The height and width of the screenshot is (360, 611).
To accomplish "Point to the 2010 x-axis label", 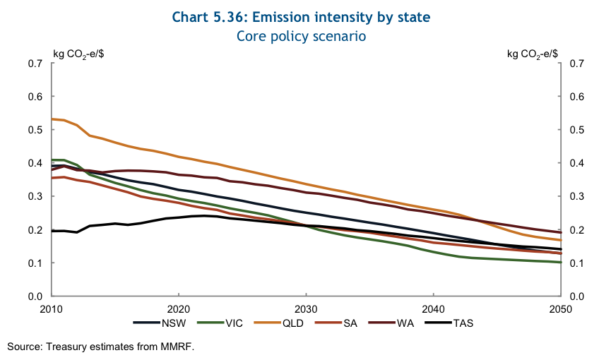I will coord(52,308).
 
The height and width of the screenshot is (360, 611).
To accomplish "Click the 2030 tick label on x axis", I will coord(305,308).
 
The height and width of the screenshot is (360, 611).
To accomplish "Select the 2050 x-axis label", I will coord(559,308).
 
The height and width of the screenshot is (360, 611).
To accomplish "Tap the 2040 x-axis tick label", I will coord(432,308).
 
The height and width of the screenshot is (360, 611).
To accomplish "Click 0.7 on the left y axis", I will coord(35,64).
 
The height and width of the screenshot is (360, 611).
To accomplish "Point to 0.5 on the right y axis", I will coord(576,130).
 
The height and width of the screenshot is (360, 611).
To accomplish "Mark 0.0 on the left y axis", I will coord(35,296).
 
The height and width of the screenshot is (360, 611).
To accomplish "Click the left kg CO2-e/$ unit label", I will coord(81,53).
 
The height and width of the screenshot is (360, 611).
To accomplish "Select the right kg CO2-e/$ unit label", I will coord(533,53).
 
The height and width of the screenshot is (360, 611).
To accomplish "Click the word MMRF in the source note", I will coord(179,347).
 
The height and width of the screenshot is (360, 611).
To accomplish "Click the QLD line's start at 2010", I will coord(52,119).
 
